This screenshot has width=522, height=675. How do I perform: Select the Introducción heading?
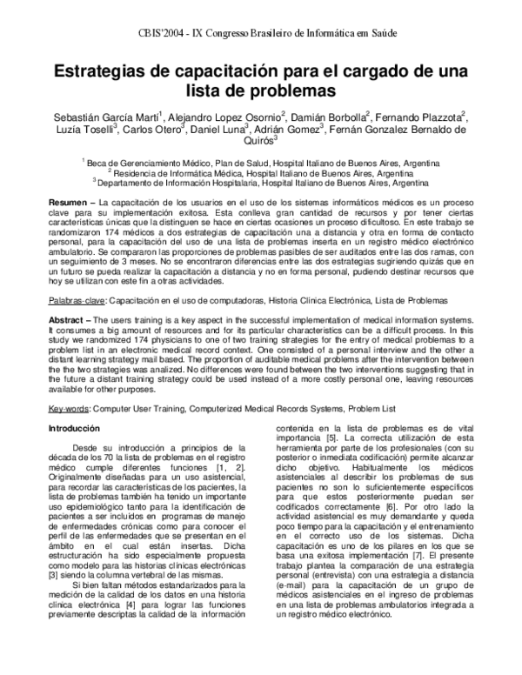coord(76,430)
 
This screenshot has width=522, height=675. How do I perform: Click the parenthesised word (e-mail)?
coord(298,585)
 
